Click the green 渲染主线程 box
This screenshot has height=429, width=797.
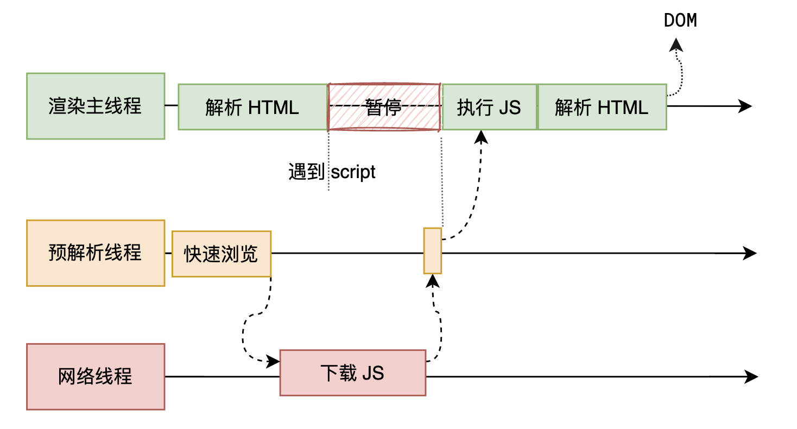tap(96, 106)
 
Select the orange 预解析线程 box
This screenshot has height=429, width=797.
tap(96, 253)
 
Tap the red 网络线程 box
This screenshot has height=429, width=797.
tap(96, 376)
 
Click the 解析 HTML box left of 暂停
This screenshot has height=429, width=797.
tap(252, 107)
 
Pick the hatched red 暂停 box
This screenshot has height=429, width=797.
tap(384, 107)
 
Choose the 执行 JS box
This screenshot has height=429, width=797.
tap(489, 107)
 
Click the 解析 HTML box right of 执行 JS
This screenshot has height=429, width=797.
tap(602, 107)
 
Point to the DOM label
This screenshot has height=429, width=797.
tap(680, 21)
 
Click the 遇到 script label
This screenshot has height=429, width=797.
tap(332, 172)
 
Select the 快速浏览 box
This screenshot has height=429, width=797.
tap(221, 254)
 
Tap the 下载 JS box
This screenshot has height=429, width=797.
tap(352, 373)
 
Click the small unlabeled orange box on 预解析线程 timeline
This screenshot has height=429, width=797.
tap(433, 251)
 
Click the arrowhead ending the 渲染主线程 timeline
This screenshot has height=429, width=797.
tap(746, 106)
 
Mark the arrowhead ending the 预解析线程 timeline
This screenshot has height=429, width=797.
tap(750, 253)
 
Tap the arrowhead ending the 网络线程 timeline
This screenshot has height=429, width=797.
tap(751, 376)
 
